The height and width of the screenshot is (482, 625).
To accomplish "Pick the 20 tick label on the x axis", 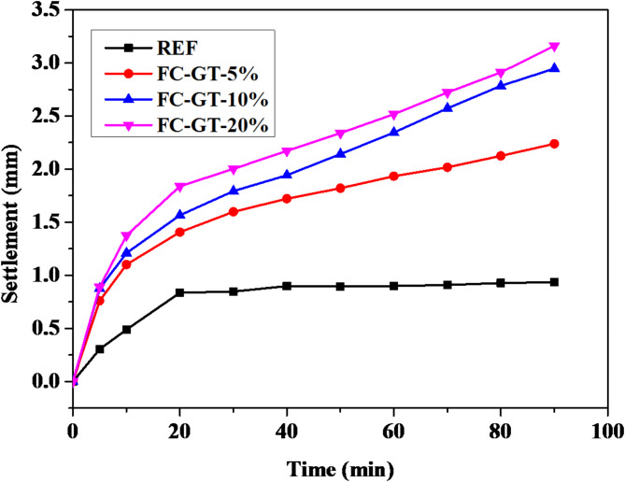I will coord(180,432).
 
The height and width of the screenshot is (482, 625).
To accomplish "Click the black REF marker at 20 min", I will coord(180,292).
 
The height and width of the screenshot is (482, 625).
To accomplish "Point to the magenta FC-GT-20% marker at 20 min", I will coord(180,187).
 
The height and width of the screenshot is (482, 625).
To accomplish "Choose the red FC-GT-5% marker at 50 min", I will coord(341,188).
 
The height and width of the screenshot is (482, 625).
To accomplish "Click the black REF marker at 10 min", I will coord(127,330).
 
